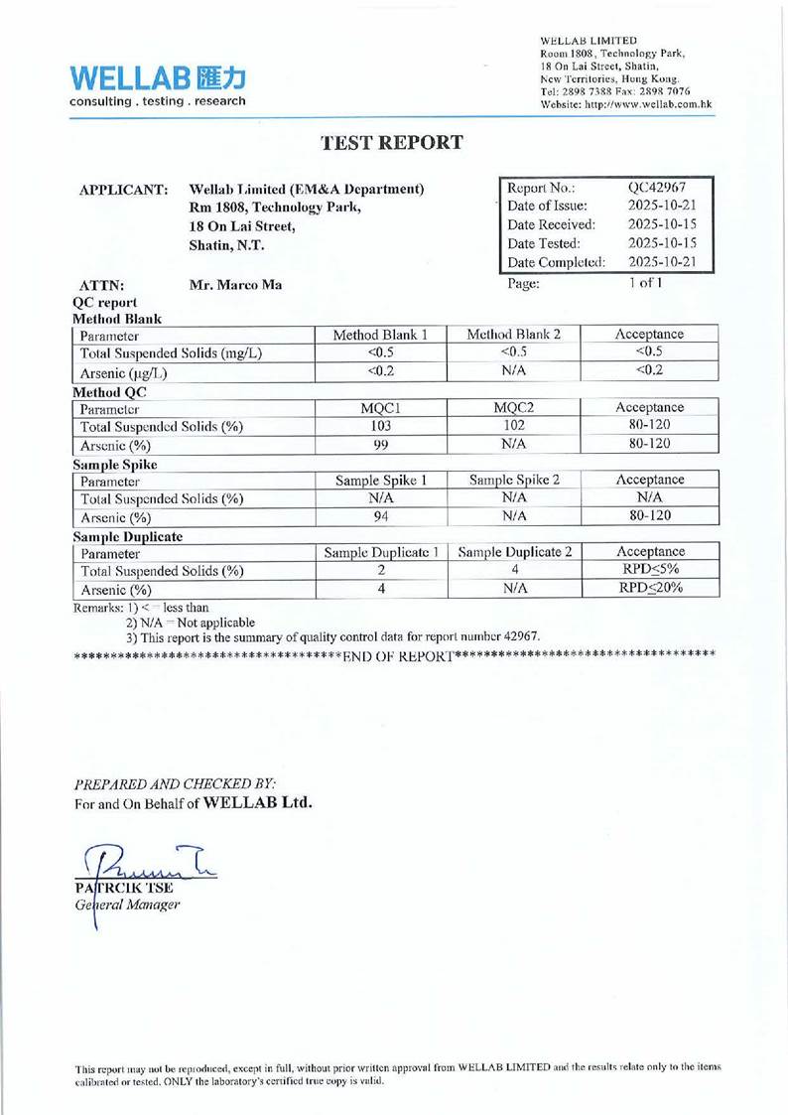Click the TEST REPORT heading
pyautogui.click(x=393, y=142)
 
